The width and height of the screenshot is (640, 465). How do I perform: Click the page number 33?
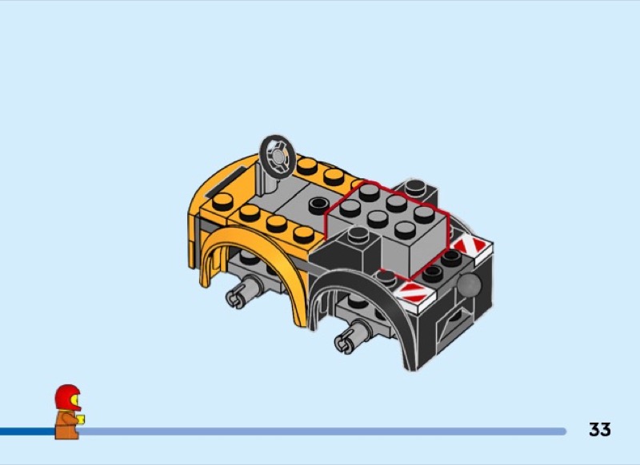tap(599, 430)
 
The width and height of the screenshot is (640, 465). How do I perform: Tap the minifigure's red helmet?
tap(68, 397)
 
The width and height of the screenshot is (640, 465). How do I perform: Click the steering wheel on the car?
tap(278, 157)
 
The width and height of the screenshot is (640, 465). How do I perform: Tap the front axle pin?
tap(244, 291)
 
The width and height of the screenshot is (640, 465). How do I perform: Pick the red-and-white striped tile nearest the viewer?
tap(414, 293)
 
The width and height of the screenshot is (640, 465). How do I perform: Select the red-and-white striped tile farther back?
tap(470, 246)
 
